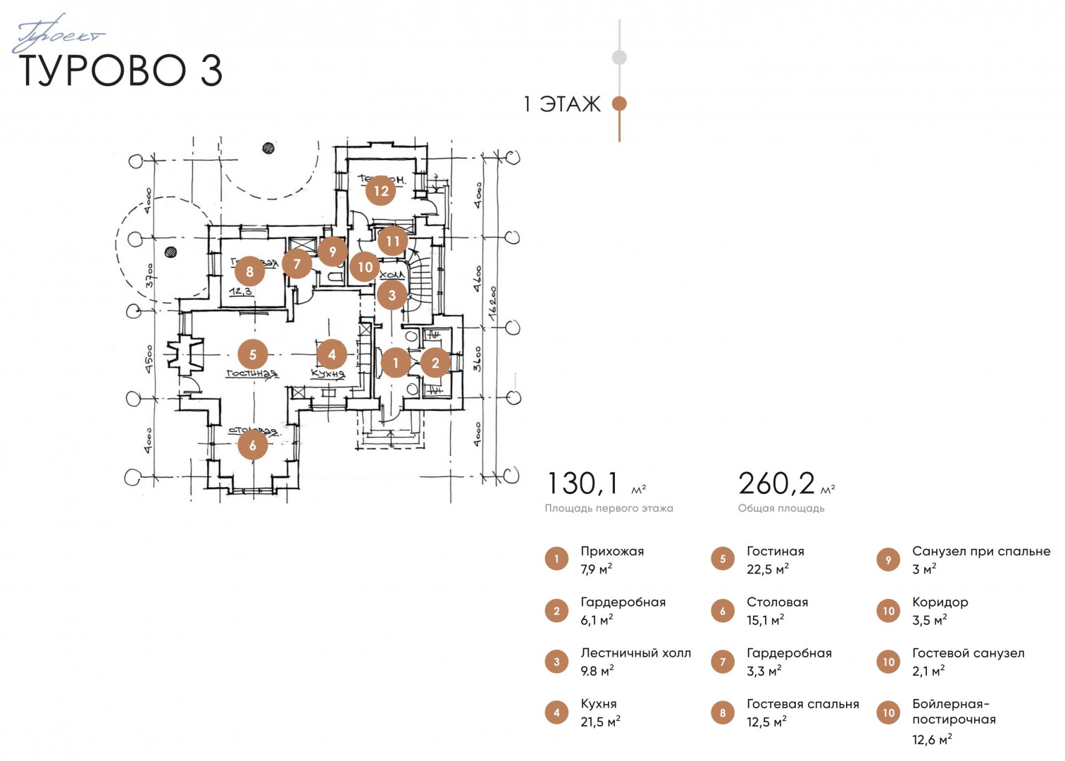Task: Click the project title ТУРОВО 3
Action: (120, 70)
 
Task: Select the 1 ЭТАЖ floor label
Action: (561, 104)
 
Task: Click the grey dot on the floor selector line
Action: (619, 57)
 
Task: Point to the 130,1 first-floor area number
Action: (583, 484)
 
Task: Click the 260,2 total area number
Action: (776, 484)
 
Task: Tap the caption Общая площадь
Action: (781, 508)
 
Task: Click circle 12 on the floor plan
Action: (381, 191)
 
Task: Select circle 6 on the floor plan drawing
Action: (253, 445)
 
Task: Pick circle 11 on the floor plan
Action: (392, 242)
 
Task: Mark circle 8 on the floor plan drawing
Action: (249, 271)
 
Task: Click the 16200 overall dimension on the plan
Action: (493, 304)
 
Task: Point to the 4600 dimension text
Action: (478, 279)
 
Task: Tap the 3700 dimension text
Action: (149, 275)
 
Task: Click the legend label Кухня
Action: (599, 704)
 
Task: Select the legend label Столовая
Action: (777, 602)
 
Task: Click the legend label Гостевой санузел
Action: (968, 653)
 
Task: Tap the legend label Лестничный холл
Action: (635, 653)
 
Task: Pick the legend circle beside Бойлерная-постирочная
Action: (889, 713)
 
